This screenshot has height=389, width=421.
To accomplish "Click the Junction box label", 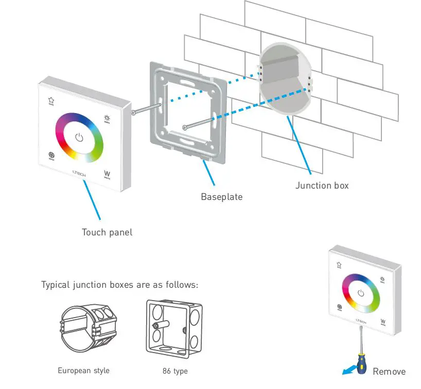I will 322,185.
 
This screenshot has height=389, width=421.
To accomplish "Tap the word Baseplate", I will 221,197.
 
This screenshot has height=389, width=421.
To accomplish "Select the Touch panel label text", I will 107,232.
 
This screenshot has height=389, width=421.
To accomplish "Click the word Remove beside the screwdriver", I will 389,372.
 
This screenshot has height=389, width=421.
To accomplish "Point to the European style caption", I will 83,371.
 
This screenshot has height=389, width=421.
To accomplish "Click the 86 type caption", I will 174,371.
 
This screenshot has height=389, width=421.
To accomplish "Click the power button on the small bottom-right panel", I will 361,293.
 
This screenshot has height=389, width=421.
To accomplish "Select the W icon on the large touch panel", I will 108,174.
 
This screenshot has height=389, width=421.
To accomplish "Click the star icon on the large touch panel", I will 51,101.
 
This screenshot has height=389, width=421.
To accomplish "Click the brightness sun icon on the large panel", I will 108,119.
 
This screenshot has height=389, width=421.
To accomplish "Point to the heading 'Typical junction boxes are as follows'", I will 119,285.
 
